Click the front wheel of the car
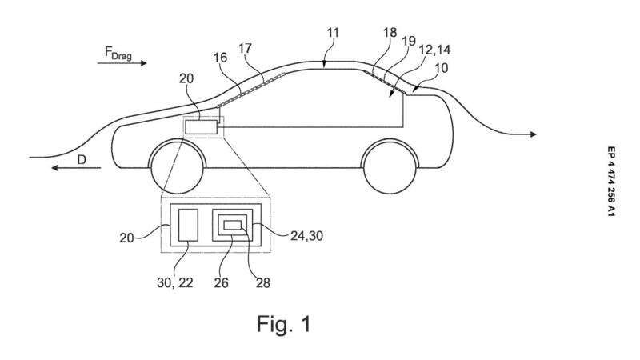(178, 168)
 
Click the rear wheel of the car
(390, 168)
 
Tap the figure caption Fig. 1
(284, 324)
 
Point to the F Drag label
(118, 53)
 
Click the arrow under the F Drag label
(122, 63)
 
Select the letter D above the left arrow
(82, 159)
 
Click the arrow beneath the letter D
(76, 168)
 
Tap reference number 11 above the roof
(333, 32)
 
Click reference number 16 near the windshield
(220, 58)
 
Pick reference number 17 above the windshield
(245, 49)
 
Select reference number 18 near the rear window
(390, 33)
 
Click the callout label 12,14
(434, 50)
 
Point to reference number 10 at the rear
(441, 67)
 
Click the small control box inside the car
(201, 127)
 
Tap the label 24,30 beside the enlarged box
(306, 235)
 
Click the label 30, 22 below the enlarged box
(175, 282)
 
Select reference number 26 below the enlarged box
(222, 282)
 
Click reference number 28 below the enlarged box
(263, 282)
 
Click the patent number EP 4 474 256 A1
(610, 182)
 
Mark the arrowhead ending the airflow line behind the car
(534, 134)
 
